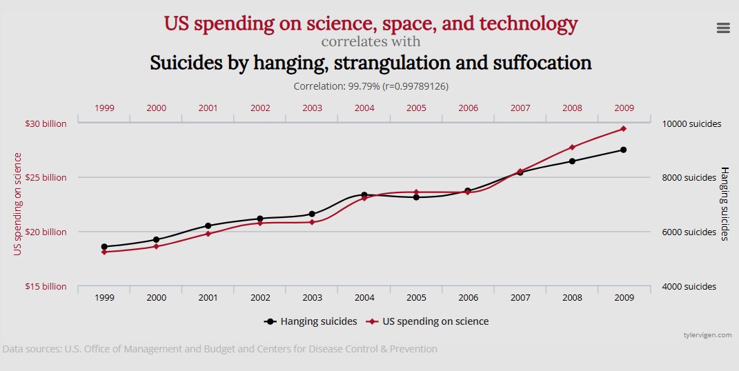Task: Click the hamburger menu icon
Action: [x=723, y=28]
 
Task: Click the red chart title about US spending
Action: [x=371, y=23]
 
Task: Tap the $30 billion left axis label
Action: [x=46, y=124]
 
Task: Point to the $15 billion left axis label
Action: [x=46, y=286]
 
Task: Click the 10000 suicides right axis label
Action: [x=692, y=124]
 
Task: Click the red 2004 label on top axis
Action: [x=364, y=108]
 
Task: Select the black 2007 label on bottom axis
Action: [x=520, y=298]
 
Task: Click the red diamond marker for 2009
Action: [x=623, y=129]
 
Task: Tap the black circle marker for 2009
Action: [x=623, y=150]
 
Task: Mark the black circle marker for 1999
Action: [x=104, y=247]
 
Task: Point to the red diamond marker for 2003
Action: [x=312, y=222]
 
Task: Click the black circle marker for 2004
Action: [x=364, y=195]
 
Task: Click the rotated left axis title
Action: [x=18, y=204]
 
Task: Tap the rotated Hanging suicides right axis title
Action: [x=725, y=203]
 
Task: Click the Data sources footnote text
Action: [x=219, y=349]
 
